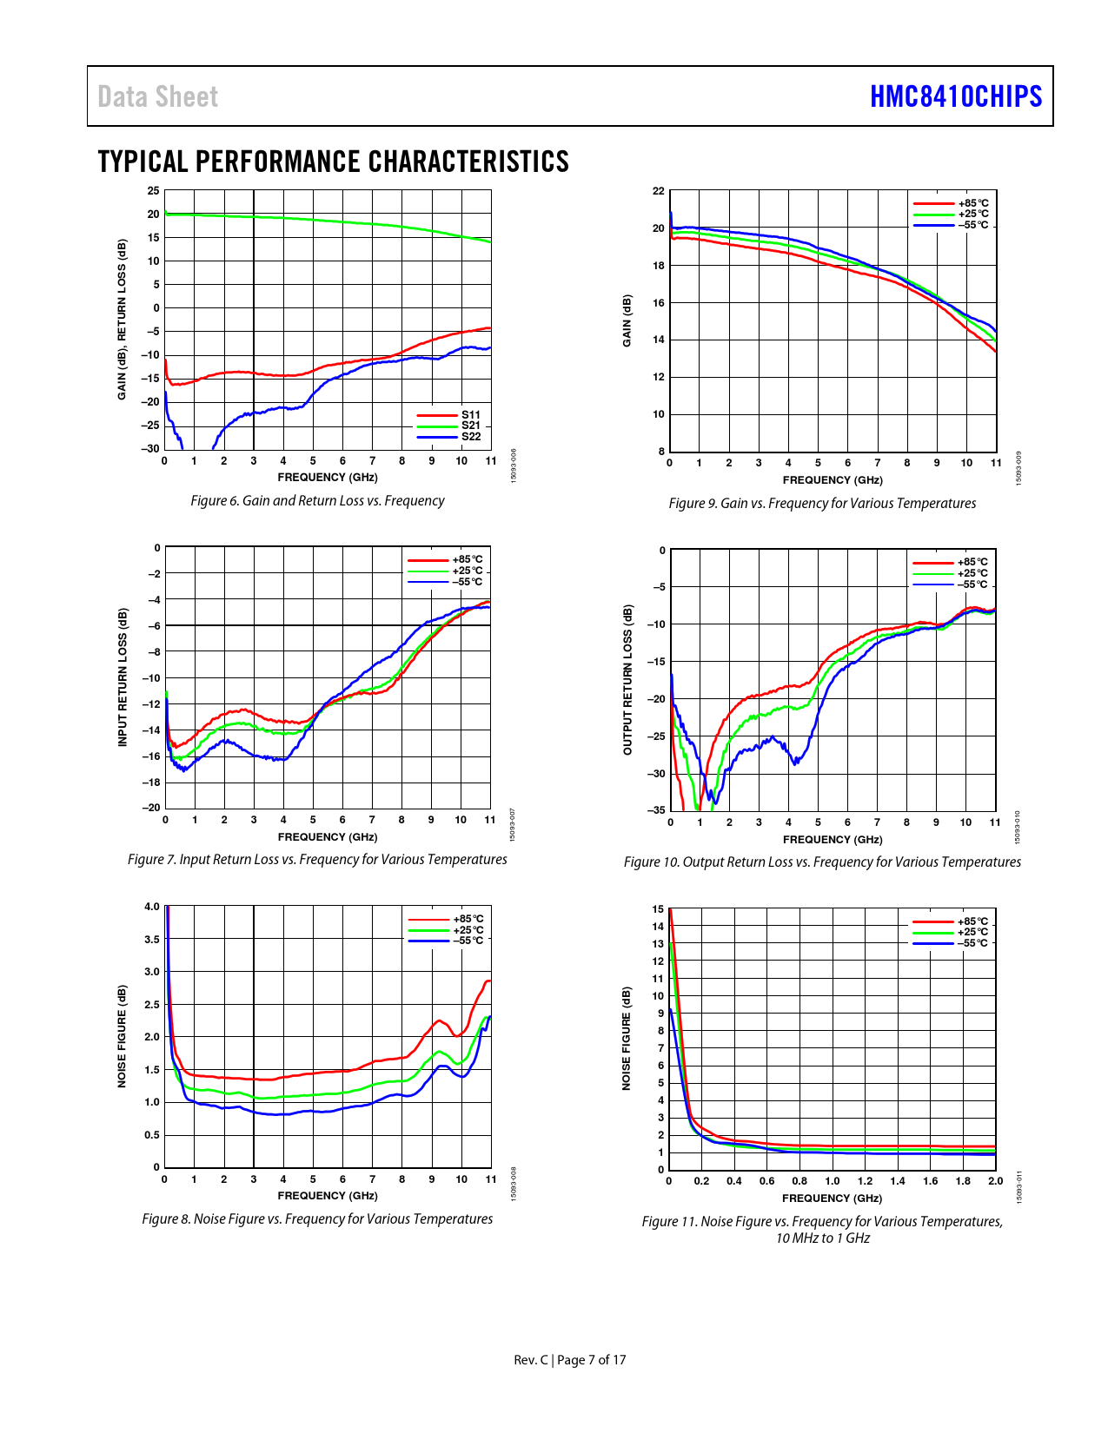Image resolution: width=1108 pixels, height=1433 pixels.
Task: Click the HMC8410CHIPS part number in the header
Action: pos(955,96)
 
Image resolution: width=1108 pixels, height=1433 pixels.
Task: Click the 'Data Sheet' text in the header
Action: pos(157,96)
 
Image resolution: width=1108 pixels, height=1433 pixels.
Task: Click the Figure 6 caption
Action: pos(317,500)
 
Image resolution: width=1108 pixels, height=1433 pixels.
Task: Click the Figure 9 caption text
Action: pos(822,503)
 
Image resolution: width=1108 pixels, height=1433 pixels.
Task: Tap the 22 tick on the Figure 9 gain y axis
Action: pos(659,191)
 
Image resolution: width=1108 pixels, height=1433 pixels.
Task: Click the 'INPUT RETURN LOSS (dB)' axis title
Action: pos(123,677)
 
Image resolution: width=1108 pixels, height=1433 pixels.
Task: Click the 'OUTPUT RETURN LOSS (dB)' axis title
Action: pos(627,679)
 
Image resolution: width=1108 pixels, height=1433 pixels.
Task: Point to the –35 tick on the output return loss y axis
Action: pos(656,810)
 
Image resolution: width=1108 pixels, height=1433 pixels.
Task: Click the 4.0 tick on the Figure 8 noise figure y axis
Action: pos(152,907)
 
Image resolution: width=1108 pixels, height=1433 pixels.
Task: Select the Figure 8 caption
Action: pos(317,1218)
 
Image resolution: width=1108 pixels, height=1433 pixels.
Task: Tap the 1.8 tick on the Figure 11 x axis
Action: pos(963,1181)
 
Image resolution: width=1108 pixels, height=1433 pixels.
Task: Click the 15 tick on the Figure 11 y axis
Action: pos(658,909)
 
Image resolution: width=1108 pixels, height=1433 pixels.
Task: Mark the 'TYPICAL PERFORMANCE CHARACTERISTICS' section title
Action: pos(333,162)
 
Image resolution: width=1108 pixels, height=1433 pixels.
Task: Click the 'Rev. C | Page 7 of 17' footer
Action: pos(569,1360)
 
